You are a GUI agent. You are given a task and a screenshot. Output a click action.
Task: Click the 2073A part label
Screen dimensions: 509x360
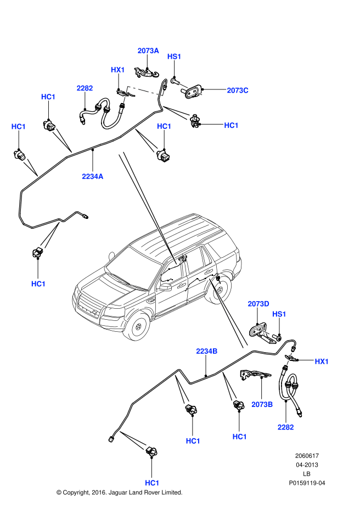pos(148,50)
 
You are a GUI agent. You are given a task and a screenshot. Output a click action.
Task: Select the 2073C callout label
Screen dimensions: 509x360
pos(238,91)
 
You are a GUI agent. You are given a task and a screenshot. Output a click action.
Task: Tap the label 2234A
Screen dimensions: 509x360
pos(93,177)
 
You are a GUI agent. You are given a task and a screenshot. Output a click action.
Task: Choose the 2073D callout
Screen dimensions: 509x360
pos(258,303)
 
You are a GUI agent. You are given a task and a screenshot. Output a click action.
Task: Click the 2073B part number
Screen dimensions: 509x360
pos(262,405)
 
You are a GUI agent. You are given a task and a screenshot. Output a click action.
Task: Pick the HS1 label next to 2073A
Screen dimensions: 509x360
pos(174,56)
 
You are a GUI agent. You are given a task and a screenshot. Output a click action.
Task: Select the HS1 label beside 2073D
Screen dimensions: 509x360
pos(279,314)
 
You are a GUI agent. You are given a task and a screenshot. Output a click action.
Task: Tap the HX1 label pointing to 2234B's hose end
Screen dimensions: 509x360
pos(321,361)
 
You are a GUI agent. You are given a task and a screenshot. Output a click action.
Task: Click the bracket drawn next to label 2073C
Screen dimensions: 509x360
pos(195,92)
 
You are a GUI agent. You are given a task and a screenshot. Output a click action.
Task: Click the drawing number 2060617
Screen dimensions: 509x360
pos(307,456)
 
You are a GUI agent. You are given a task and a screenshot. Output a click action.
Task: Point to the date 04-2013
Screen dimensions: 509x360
pos(307,465)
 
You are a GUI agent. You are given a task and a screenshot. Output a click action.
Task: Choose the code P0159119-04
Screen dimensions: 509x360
pos(307,483)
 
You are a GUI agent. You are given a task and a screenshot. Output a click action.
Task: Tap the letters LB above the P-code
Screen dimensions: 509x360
pos(307,474)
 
